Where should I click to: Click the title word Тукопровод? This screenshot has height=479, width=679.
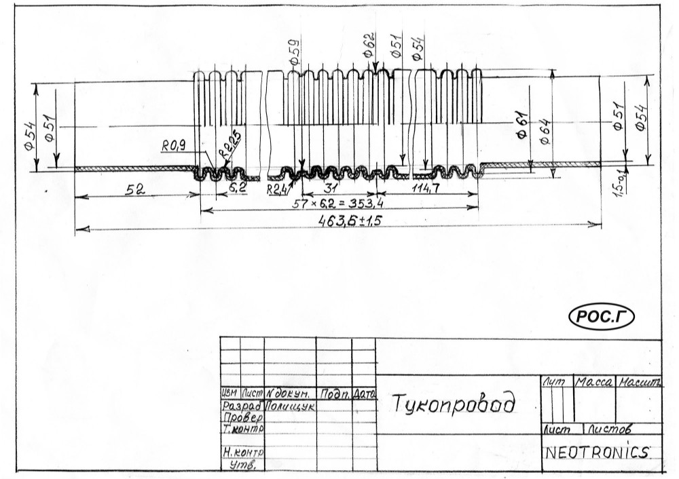point(453,403)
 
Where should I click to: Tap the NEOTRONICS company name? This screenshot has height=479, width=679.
point(598,453)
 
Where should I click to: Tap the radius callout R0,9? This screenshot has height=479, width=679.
point(173,145)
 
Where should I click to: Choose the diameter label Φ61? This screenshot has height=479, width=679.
point(524,125)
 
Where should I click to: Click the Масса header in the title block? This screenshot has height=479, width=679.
point(594,383)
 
